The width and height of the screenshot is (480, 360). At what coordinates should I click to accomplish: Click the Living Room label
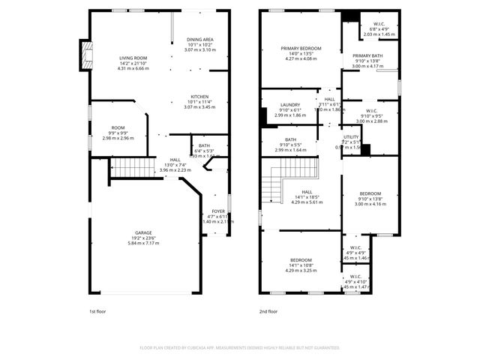[130, 58]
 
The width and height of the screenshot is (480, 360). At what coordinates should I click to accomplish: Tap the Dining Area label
[199, 39]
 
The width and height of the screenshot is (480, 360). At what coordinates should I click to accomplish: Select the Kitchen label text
[199, 97]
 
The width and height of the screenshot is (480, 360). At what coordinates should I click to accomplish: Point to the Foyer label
[217, 211]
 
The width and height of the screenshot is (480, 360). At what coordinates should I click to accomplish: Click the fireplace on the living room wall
[87, 55]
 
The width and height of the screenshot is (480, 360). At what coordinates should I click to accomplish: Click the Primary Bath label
[367, 55]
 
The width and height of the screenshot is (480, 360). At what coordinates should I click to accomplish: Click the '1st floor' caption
[97, 311]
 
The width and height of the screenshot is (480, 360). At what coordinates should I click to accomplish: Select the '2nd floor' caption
[268, 311]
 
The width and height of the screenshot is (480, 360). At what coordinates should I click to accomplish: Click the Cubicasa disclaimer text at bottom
[240, 348]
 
